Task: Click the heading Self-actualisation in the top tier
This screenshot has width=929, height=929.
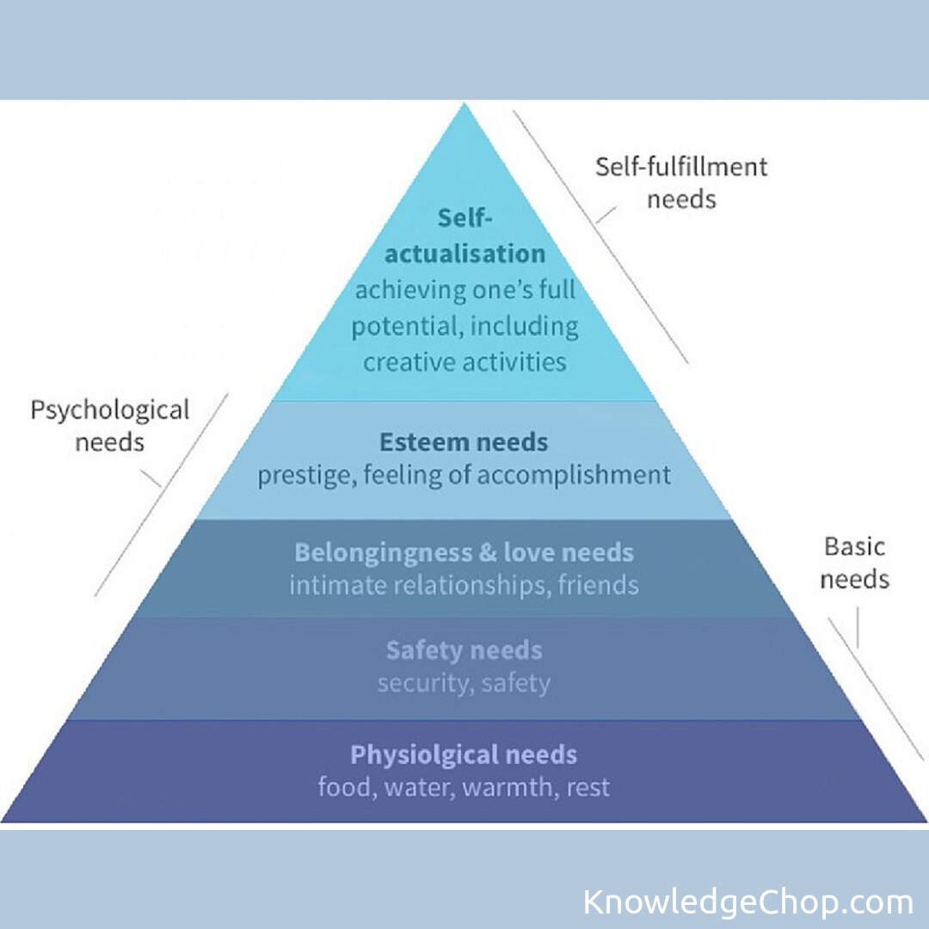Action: click(464, 237)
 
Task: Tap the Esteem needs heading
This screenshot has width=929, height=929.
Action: click(464, 443)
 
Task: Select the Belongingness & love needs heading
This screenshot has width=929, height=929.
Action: click(464, 551)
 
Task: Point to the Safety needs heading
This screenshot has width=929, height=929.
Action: click(464, 650)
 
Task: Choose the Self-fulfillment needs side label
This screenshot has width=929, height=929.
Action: click(681, 182)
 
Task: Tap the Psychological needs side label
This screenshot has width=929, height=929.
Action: click(109, 426)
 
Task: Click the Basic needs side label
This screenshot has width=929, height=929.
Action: click(854, 563)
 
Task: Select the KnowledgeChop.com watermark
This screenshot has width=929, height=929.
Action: click(748, 902)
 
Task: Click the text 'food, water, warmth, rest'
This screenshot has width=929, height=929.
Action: click(464, 787)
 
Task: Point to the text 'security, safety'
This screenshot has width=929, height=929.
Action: click(464, 683)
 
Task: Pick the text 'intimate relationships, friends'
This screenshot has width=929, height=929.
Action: click(464, 585)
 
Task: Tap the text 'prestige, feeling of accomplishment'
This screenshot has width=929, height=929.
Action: click(464, 475)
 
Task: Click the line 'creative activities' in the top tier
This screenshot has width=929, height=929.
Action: click(464, 361)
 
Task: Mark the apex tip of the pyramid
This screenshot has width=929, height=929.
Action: click(464, 105)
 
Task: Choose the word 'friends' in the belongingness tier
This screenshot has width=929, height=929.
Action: click(599, 585)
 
